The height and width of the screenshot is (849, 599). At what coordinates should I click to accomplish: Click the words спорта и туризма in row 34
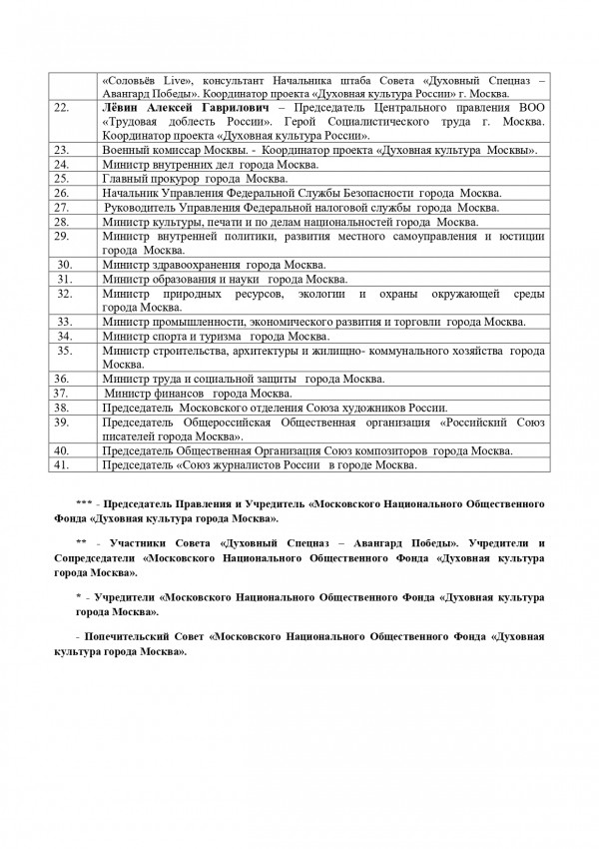[191, 337]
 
